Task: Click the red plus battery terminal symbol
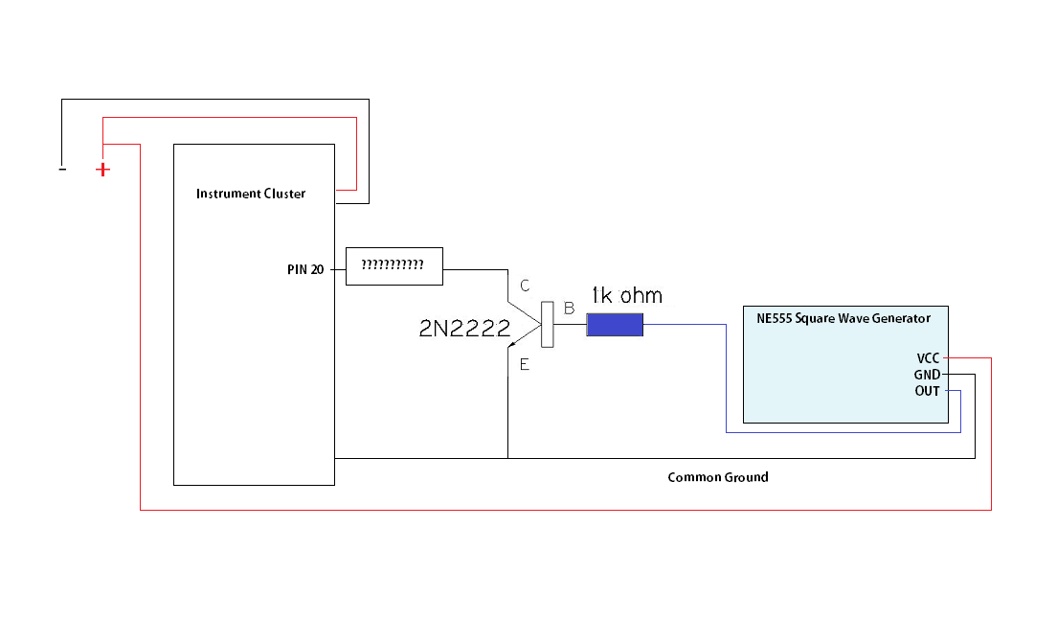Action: pyautogui.click(x=102, y=170)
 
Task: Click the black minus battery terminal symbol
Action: pyautogui.click(x=62, y=170)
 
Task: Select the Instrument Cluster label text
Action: pyautogui.click(x=251, y=194)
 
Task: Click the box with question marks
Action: pyautogui.click(x=394, y=265)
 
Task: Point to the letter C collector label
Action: pyautogui.click(x=524, y=286)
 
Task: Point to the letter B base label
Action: pyautogui.click(x=569, y=309)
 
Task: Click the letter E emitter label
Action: pyautogui.click(x=524, y=364)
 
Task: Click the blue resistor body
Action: pyautogui.click(x=614, y=326)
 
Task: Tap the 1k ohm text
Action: pyautogui.click(x=627, y=295)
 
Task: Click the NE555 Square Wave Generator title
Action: pyautogui.click(x=836, y=318)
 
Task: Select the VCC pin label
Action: pyautogui.click(x=927, y=357)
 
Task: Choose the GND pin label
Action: pyautogui.click(x=926, y=375)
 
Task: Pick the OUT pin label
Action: pyautogui.click(x=927, y=391)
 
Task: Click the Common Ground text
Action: pyautogui.click(x=717, y=477)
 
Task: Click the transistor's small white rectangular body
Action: pyautogui.click(x=549, y=324)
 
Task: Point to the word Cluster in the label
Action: pyautogui.click(x=282, y=194)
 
